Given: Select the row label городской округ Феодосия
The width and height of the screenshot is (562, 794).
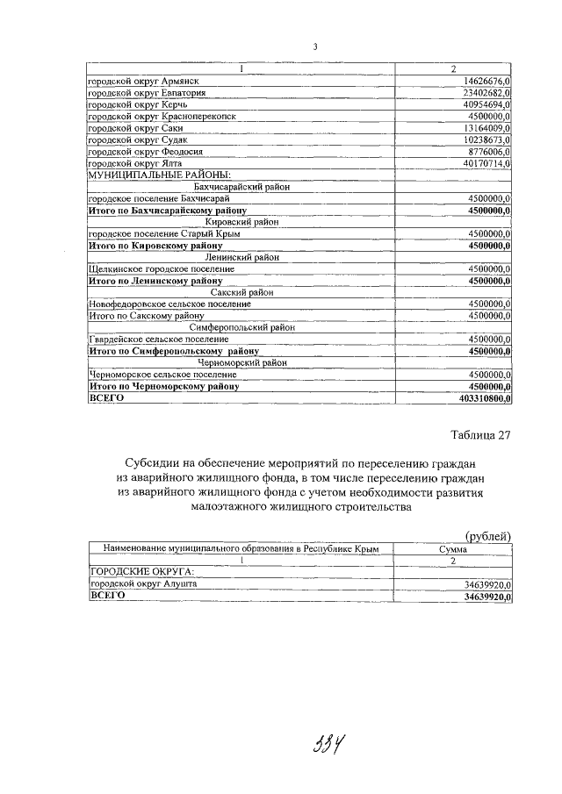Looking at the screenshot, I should point(146,151).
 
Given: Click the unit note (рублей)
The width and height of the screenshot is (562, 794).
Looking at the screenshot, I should point(487,536).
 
